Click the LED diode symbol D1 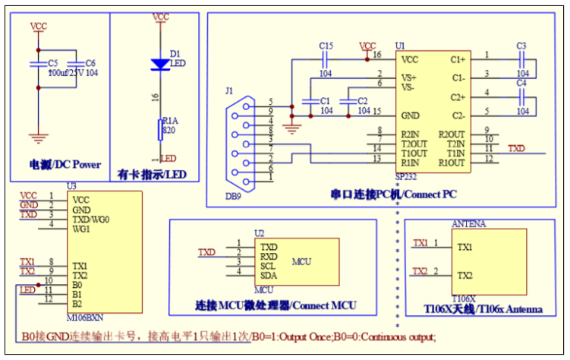pyautogui.click(x=160, y=64)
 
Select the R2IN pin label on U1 pyautogui.click(x=414, y=134)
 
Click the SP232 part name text pyautogui.click(x=407, y=176)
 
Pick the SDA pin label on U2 pyautogui.click(x=268, y=274)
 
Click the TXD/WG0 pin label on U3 pyautogui.click(x=90, y=219)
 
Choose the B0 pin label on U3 pyautogui.click(x=77, y=284)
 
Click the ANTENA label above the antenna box pyautogui.click(x=468, y=224)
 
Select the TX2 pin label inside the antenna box pyautogui.click(x=465, y=275)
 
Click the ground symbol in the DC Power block pyautogui.click(x=36, y=137)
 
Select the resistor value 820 pyautogui.click(x=169, y=131)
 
